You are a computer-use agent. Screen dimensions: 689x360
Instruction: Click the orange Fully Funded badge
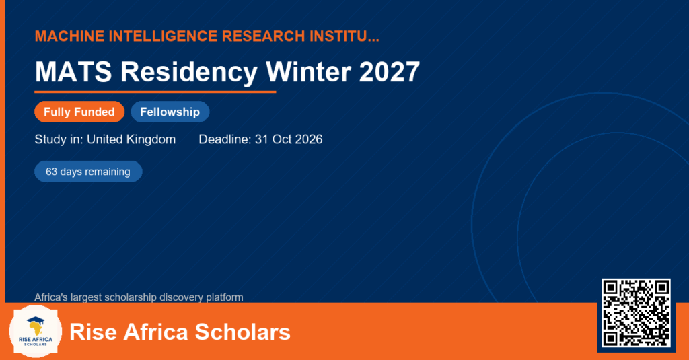click(x=79, y=112)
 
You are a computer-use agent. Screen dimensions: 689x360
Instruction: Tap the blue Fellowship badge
click(x=170, y=112)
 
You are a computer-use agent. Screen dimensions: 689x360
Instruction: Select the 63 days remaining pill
click(x=88, y=172)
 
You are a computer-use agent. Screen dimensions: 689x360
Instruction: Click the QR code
click(x=636, y=313)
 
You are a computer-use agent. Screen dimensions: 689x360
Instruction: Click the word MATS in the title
click(x=73, y=72)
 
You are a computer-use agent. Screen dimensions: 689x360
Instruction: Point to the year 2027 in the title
click(x=390, y=72)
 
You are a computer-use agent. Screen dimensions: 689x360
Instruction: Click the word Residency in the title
click(x=189, y=73)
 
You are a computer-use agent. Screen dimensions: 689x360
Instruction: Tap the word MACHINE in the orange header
click(x=69, y=36)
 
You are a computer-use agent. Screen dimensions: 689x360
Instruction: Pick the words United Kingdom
click(x=131, y=139)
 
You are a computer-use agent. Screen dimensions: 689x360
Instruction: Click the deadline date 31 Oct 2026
click(x=289, y=139)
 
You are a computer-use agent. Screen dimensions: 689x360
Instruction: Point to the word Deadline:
click(x=225, y=139)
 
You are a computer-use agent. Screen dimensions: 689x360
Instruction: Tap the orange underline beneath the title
click(x=155, y=92)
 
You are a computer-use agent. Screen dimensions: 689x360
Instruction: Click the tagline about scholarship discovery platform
click(x=139, y=297)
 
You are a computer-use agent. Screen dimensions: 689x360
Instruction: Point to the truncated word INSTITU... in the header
click(x=344, y=36)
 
